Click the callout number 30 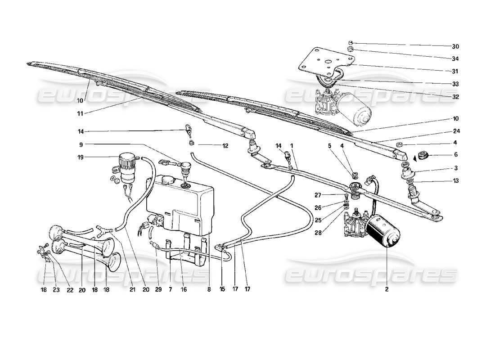[x=456, y=46]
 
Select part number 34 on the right [x=456, y=59]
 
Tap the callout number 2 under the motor [x=386, y=290]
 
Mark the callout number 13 [x=456, y=181]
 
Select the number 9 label [x=81, y=145]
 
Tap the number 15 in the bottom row [x=222, y=290]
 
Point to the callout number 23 [x=55, y=290]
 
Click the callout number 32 [x=456, y=97]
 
